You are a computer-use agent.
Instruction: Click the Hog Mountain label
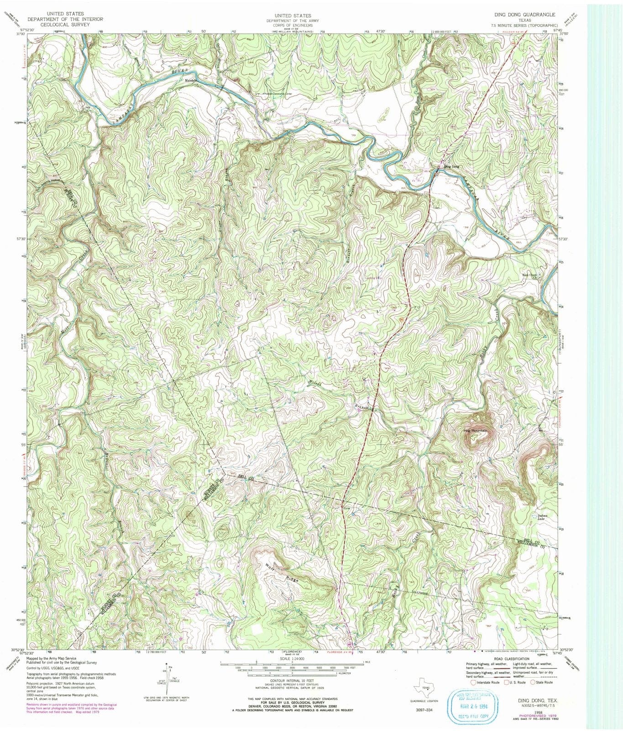pos(476,431)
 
